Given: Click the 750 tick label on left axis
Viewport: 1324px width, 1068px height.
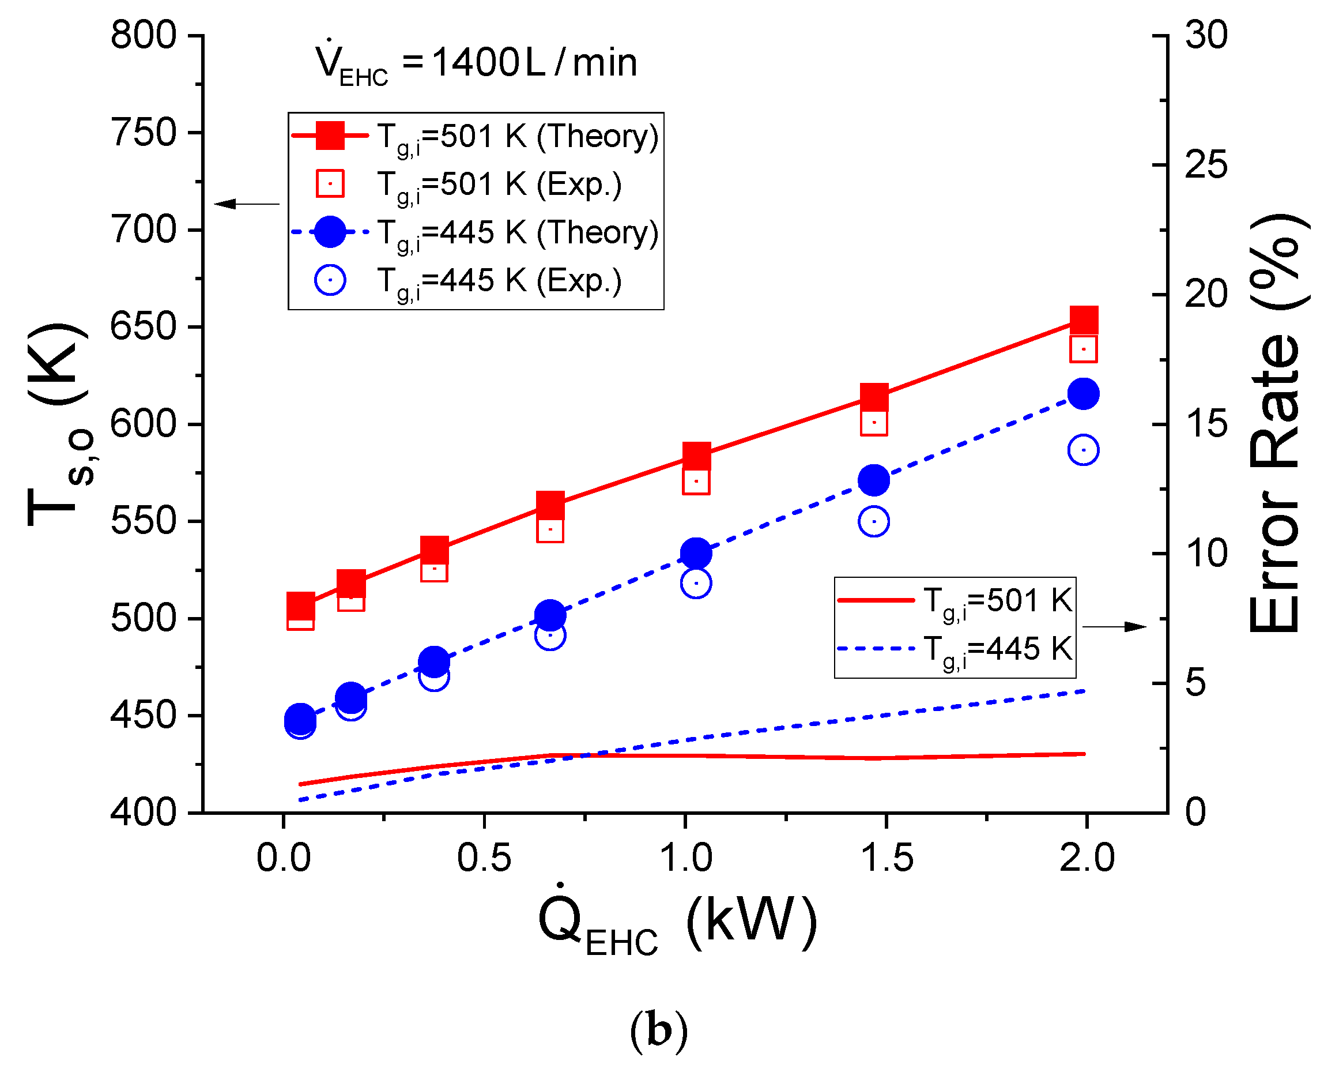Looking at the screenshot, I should (143, 133).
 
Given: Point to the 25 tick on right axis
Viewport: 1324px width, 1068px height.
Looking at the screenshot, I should (1205, 165).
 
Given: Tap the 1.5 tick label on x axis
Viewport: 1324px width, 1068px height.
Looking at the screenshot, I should (886, 858).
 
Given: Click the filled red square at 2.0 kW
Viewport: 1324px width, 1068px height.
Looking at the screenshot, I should (1084, 320).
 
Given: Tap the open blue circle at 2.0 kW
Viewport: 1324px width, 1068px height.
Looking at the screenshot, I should (1084, 450).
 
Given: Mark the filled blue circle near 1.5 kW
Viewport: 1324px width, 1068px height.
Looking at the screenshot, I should (874, 480).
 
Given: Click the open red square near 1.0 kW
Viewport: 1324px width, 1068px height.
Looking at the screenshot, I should (696, 482).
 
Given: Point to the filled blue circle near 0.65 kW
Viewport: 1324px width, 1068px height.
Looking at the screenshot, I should (550, 616).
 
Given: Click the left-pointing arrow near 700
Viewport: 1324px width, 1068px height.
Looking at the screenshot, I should (246, 204).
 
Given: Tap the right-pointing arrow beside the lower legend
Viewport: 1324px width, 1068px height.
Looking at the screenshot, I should (1114, 627).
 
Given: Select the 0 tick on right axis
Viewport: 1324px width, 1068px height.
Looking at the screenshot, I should (1196, 813).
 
